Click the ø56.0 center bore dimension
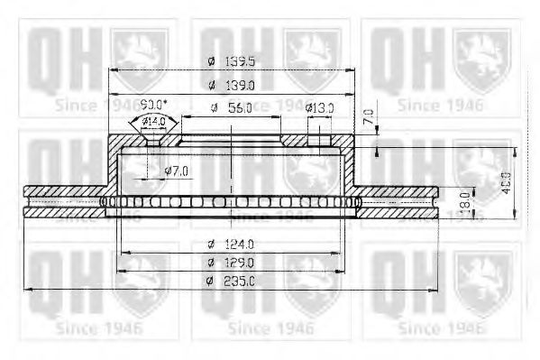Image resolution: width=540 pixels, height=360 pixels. click(231, 107)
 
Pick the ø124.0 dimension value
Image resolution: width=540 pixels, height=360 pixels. click(231, 244)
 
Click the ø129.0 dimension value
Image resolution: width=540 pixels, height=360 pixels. click(231, 262)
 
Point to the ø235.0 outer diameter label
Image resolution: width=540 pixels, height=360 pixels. click(231, 282)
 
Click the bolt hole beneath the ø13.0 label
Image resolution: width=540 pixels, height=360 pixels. click(318, 139)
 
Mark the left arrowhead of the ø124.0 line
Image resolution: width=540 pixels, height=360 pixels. click(122, 251)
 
